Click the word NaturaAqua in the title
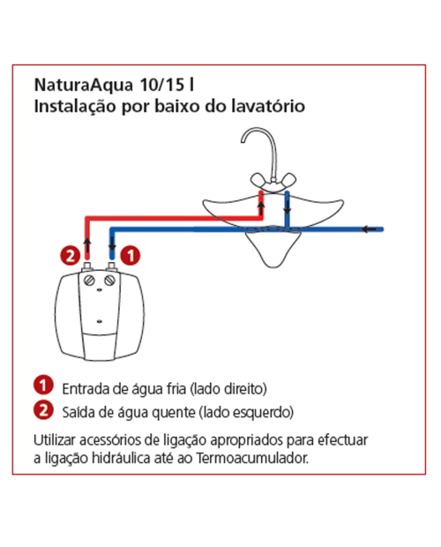pyautogui.click(x=84, y=85)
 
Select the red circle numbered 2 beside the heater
pyautogui.click(x=70, y=256)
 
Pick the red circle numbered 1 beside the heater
pyautogui.click(x=131, y=256)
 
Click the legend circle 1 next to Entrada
pyautogui.click(x=43, y=386)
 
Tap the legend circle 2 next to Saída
pyautogui.click(x=43, y=410)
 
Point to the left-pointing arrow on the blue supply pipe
pyautogui.click(x=369, y=229)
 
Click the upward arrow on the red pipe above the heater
pyautogui.click(x=87, y=245)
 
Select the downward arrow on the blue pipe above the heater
pyautogui.click(x=112, y=243)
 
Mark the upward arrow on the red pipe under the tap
pyautogui.click(x=261, y=208)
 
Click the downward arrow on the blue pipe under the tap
pyautogui.click(x=288, y=206)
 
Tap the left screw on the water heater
pyautogui.click(x=90, y=281)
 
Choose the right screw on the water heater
pyautogui.click(x=110, y=280)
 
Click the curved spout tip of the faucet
pyautogui.click(x=243, y=140)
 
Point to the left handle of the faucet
pyautogui.click(x=259, y=180)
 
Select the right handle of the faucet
pyautogui.click(x=287, y=180)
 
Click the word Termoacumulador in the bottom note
pyautogui.click(x=252, y=458)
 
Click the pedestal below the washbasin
pyautogui.click(x=273, y=250)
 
